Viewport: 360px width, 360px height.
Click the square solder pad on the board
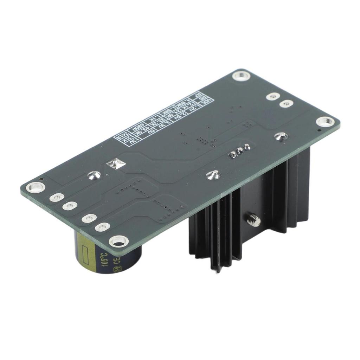pyautogui.click(x=116, y=164)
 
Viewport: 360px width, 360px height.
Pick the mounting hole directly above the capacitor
pyautogui.click(x=118, y=241)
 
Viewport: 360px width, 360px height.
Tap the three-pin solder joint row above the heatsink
pyautogui.click(x=240, y=151)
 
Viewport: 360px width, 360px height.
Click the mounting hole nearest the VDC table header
pyautogui.click(x=242, y=76)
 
